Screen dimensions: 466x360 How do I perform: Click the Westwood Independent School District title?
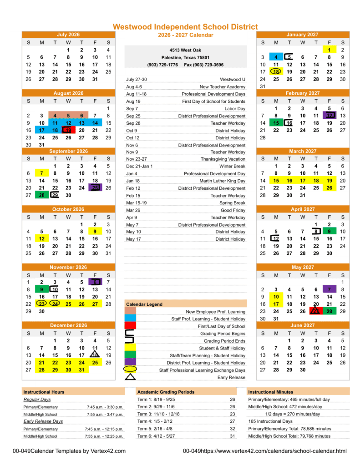[x=185, y=27]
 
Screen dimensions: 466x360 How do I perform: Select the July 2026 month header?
[x=68, y=35]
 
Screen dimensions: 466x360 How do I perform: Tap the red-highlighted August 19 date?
[x=68, y=130]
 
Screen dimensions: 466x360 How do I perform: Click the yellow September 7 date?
[x=41, y=173]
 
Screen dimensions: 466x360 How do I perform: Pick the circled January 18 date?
[x=276, y=72]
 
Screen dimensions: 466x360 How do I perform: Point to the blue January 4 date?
[x=276, y=57]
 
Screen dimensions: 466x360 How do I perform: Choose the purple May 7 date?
[x=329, y=289]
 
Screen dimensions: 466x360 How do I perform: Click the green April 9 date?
[x=329, y=232]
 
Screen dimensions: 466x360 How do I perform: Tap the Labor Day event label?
[x=235, y=109]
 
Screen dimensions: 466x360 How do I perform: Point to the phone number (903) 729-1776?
[x=162, y=65]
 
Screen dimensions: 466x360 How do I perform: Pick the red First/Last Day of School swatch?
[x=130, y=326]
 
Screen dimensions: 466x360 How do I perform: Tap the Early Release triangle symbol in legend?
[x=130, y=377]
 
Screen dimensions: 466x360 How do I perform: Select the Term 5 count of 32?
[x=233, y=429]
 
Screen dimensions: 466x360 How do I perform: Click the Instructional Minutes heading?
[x=270, y=392]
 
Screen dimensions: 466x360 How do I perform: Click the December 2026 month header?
[x=68, y=325]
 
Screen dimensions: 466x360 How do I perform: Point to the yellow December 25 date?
[x=95, y=363]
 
